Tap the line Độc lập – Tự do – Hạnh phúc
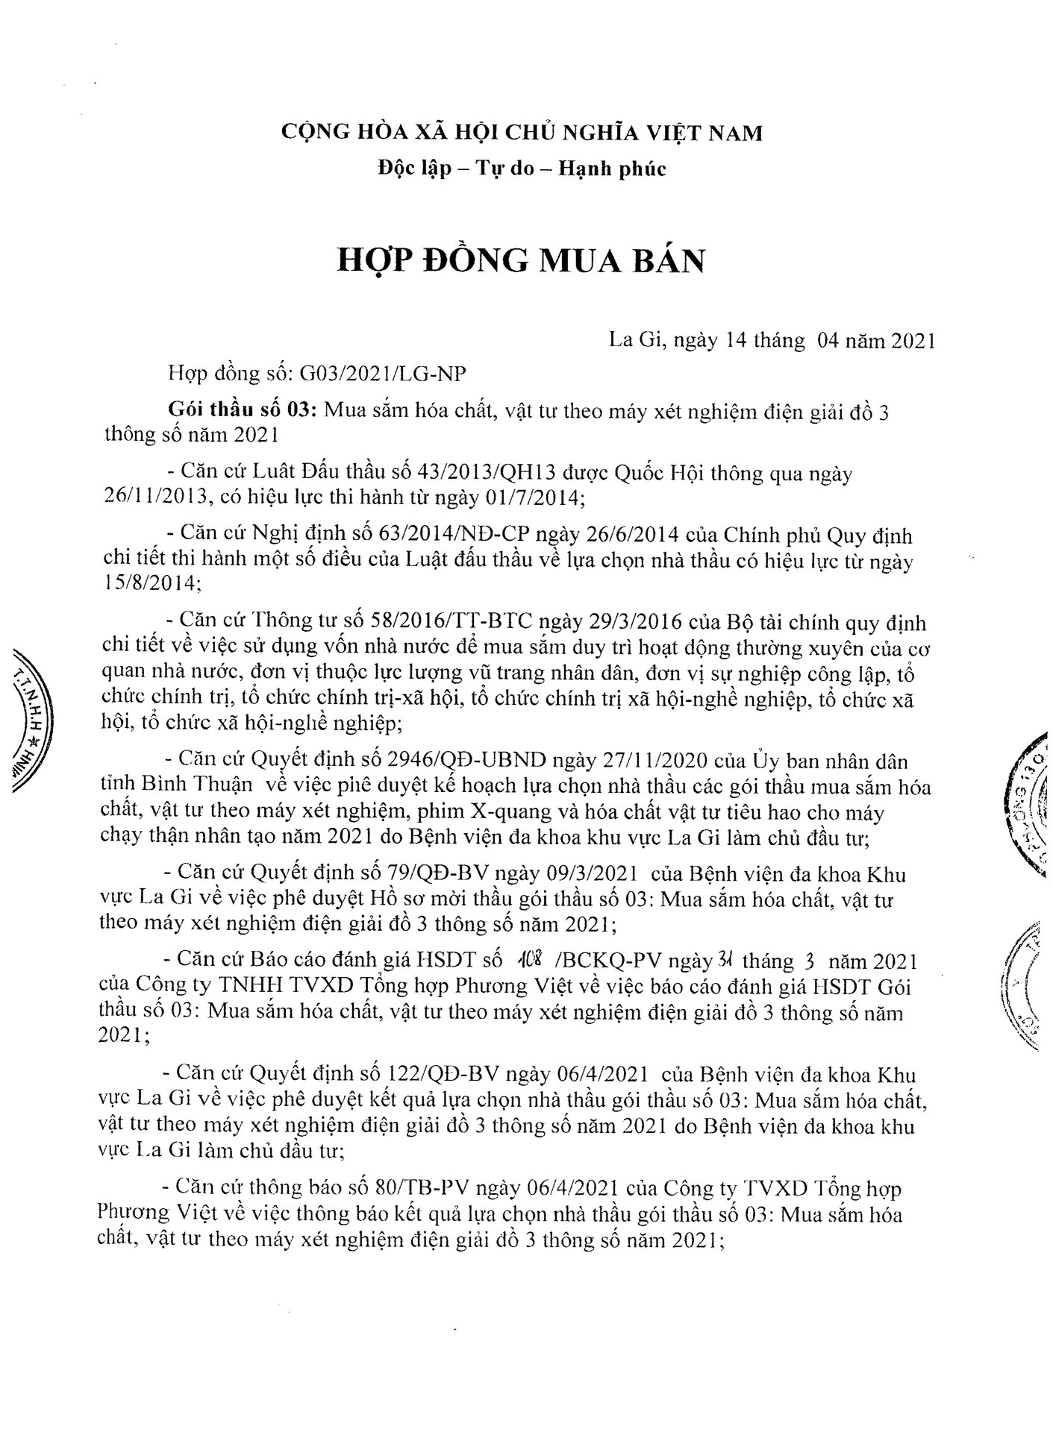click(x=521, y=169)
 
